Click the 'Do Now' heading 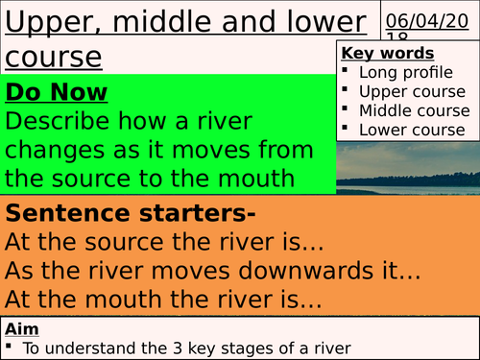point(57,93)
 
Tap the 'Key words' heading point(388,54)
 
